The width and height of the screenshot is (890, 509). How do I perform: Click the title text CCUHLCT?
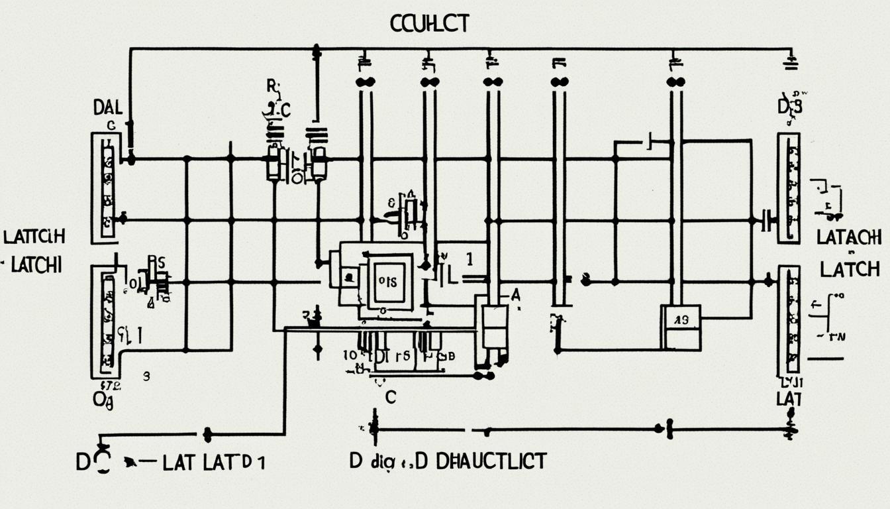point(430,24)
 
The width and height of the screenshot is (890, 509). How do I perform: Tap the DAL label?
point(107,107)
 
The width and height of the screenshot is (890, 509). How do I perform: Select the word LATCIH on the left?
point(34,237)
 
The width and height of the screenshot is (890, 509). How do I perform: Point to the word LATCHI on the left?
point(34,265)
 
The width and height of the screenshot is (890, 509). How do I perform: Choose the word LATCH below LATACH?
point(850,269)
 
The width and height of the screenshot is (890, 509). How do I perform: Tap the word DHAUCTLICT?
point(491,461)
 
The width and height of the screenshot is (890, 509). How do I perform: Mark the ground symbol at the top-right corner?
point(790,64)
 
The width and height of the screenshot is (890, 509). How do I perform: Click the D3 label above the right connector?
point(789,106)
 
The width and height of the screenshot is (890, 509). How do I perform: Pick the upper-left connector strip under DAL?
point(107,188)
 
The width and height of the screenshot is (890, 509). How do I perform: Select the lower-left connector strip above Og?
point(106,321)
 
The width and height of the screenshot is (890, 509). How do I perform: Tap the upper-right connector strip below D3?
point(789,188)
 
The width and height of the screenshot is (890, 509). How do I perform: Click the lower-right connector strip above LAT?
point(789,319)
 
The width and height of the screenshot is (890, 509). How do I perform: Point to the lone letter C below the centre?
point(390,397)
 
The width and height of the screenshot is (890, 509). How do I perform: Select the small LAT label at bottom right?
point(789,398)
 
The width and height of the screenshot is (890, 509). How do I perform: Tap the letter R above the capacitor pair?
point(272,85)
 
